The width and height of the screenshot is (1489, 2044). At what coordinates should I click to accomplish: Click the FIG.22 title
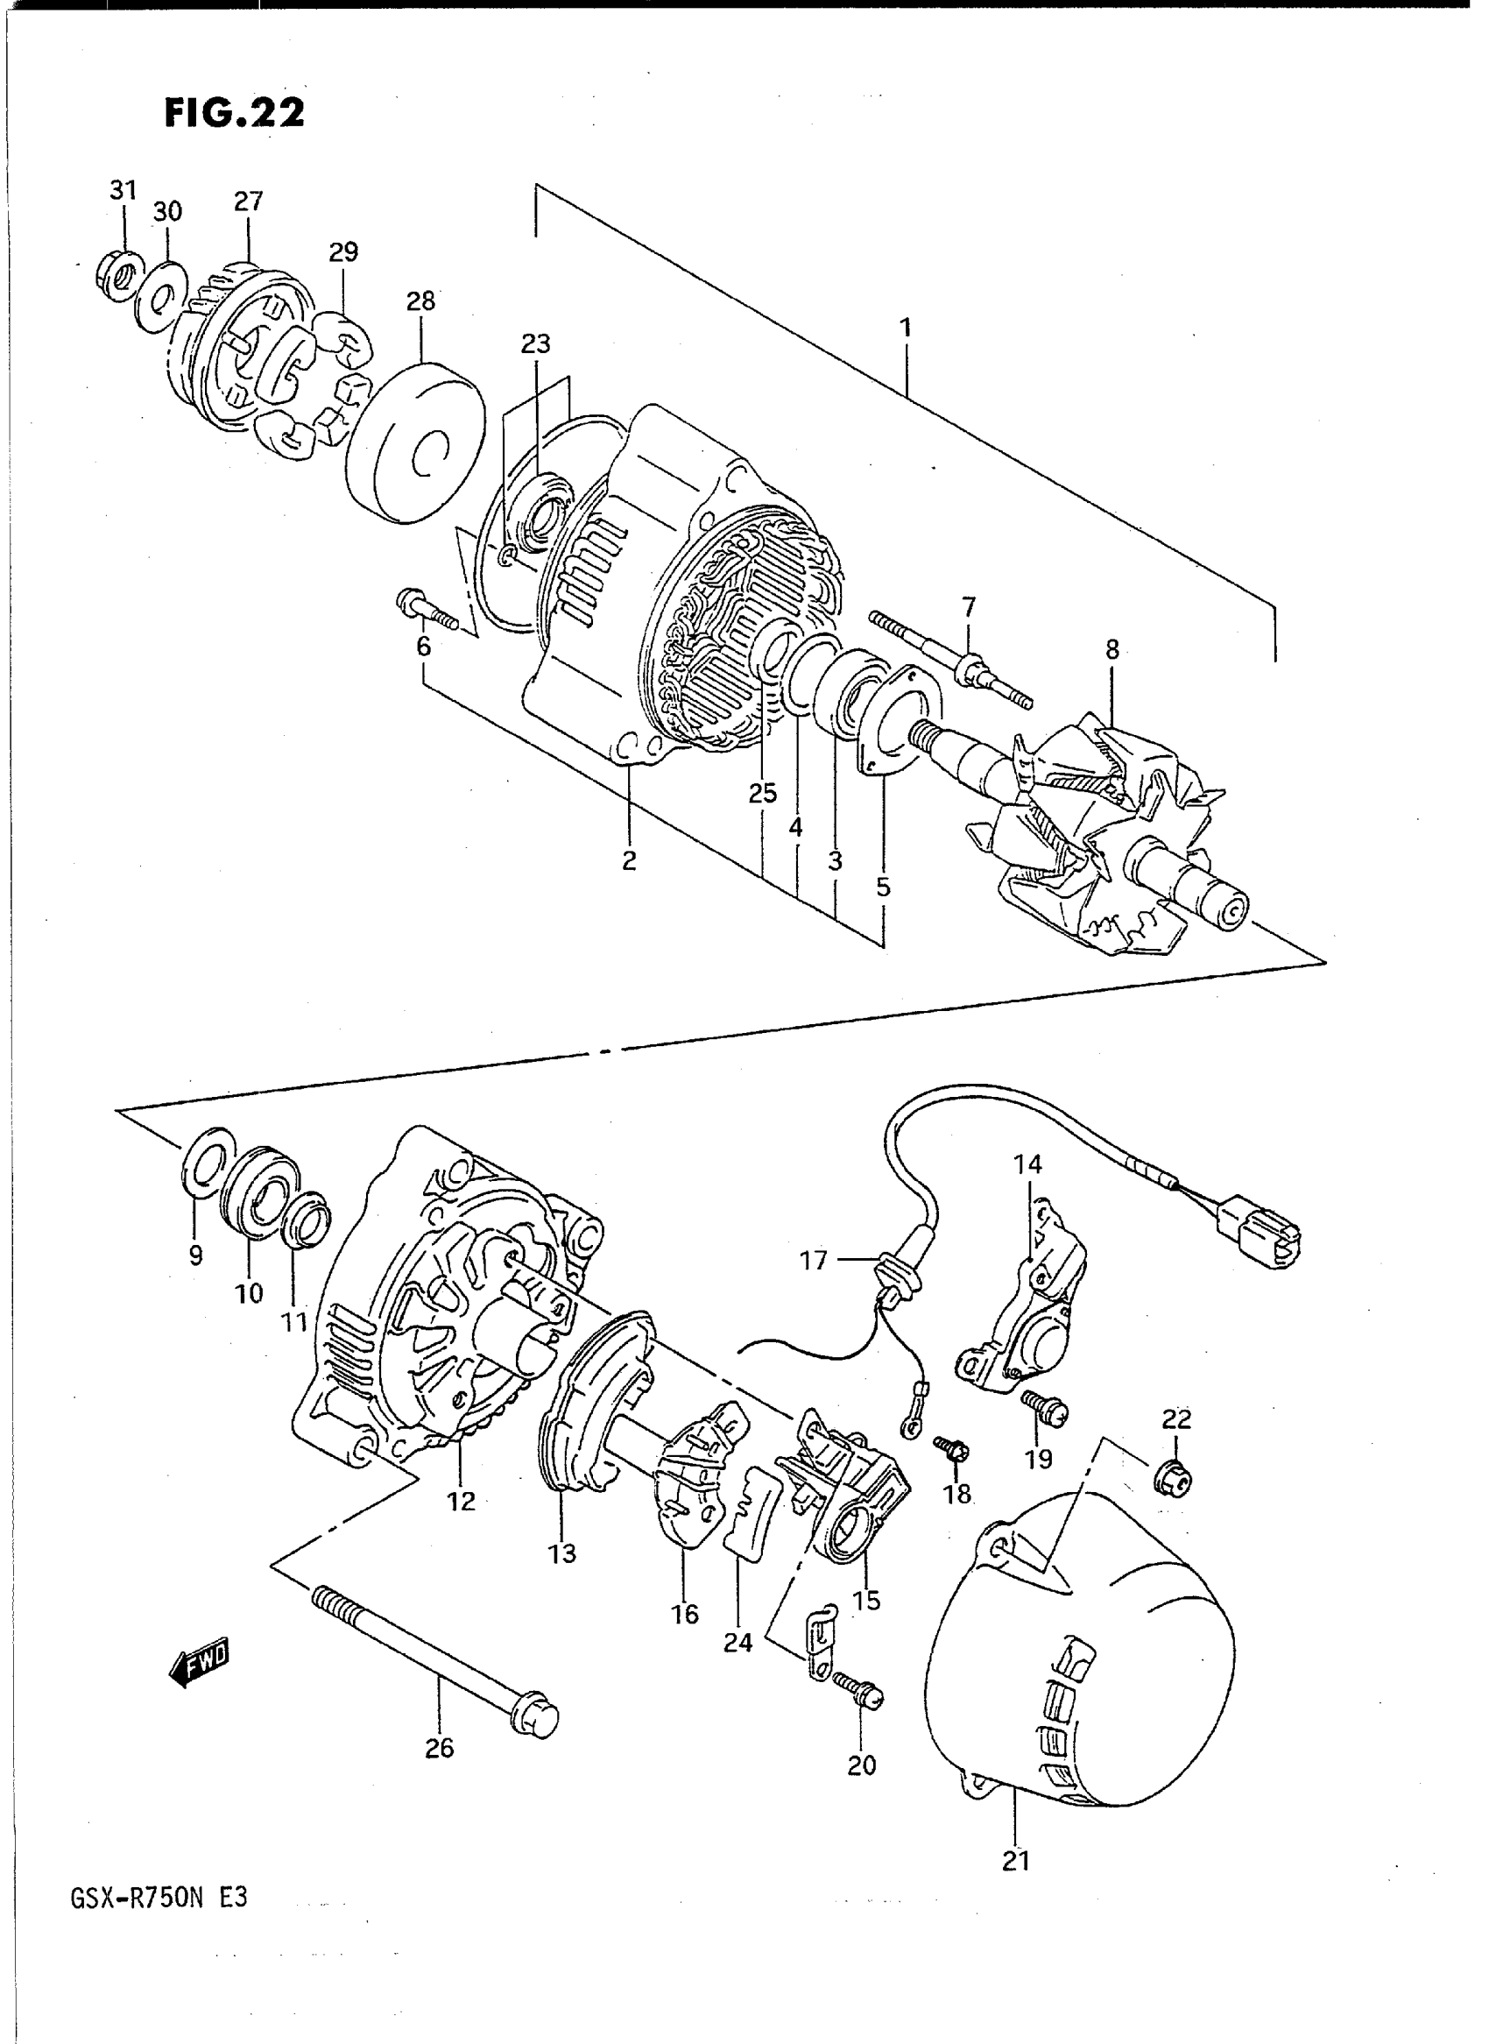tap(235, 113)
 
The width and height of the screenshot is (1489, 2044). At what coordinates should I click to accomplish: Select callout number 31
tap(123, 190)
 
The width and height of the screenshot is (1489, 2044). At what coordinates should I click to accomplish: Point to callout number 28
tap(421, 301)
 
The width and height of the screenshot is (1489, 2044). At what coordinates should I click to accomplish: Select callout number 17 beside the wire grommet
tap(814, 1261)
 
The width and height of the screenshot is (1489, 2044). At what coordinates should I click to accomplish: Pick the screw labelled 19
tap(1045, 1410)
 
